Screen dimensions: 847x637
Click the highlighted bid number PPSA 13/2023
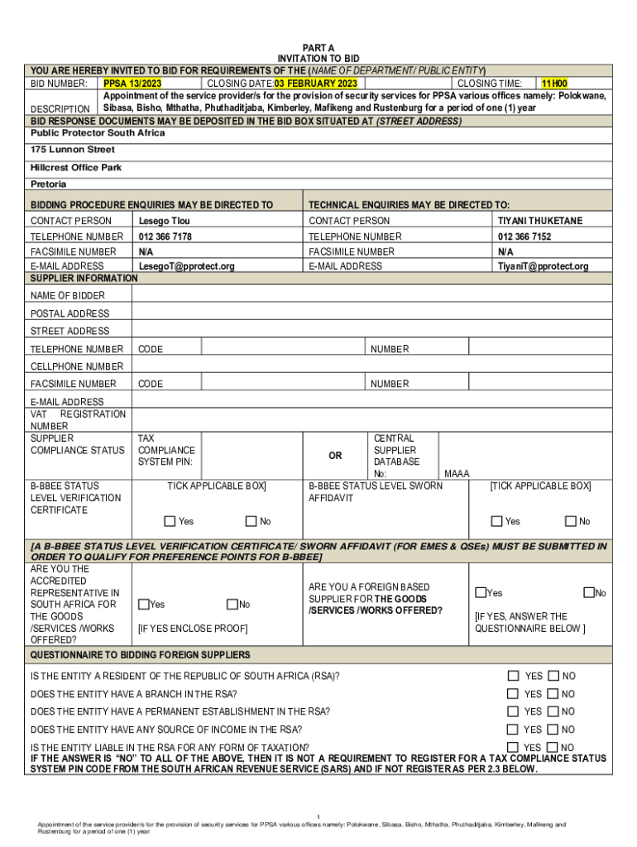(x=132, y=84)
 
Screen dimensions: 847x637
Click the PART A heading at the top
(x=318, y=49)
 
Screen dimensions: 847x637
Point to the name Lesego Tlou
(x=164, y=221)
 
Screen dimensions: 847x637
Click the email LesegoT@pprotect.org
(x=186, y=266)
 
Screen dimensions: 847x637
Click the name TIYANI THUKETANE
(x=539, y=221)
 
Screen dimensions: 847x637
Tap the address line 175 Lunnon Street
(x=73, y=150)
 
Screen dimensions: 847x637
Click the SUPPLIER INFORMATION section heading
(x=84, y=279)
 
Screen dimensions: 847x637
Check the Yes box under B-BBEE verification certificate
(x=170, y=521)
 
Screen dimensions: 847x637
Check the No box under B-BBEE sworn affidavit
(x=571, y=521)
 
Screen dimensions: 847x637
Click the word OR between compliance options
(x=335, y=456)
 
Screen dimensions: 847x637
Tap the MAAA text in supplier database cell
(x=457, y=474)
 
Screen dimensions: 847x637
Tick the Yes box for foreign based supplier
(x=481, y=592)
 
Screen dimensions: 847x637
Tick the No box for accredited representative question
(x=232, y=605)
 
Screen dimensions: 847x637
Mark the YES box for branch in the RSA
(x=513, y=694)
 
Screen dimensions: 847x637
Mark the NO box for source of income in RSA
(x=553, y=729)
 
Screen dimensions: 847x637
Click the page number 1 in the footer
(x=318, y=816)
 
